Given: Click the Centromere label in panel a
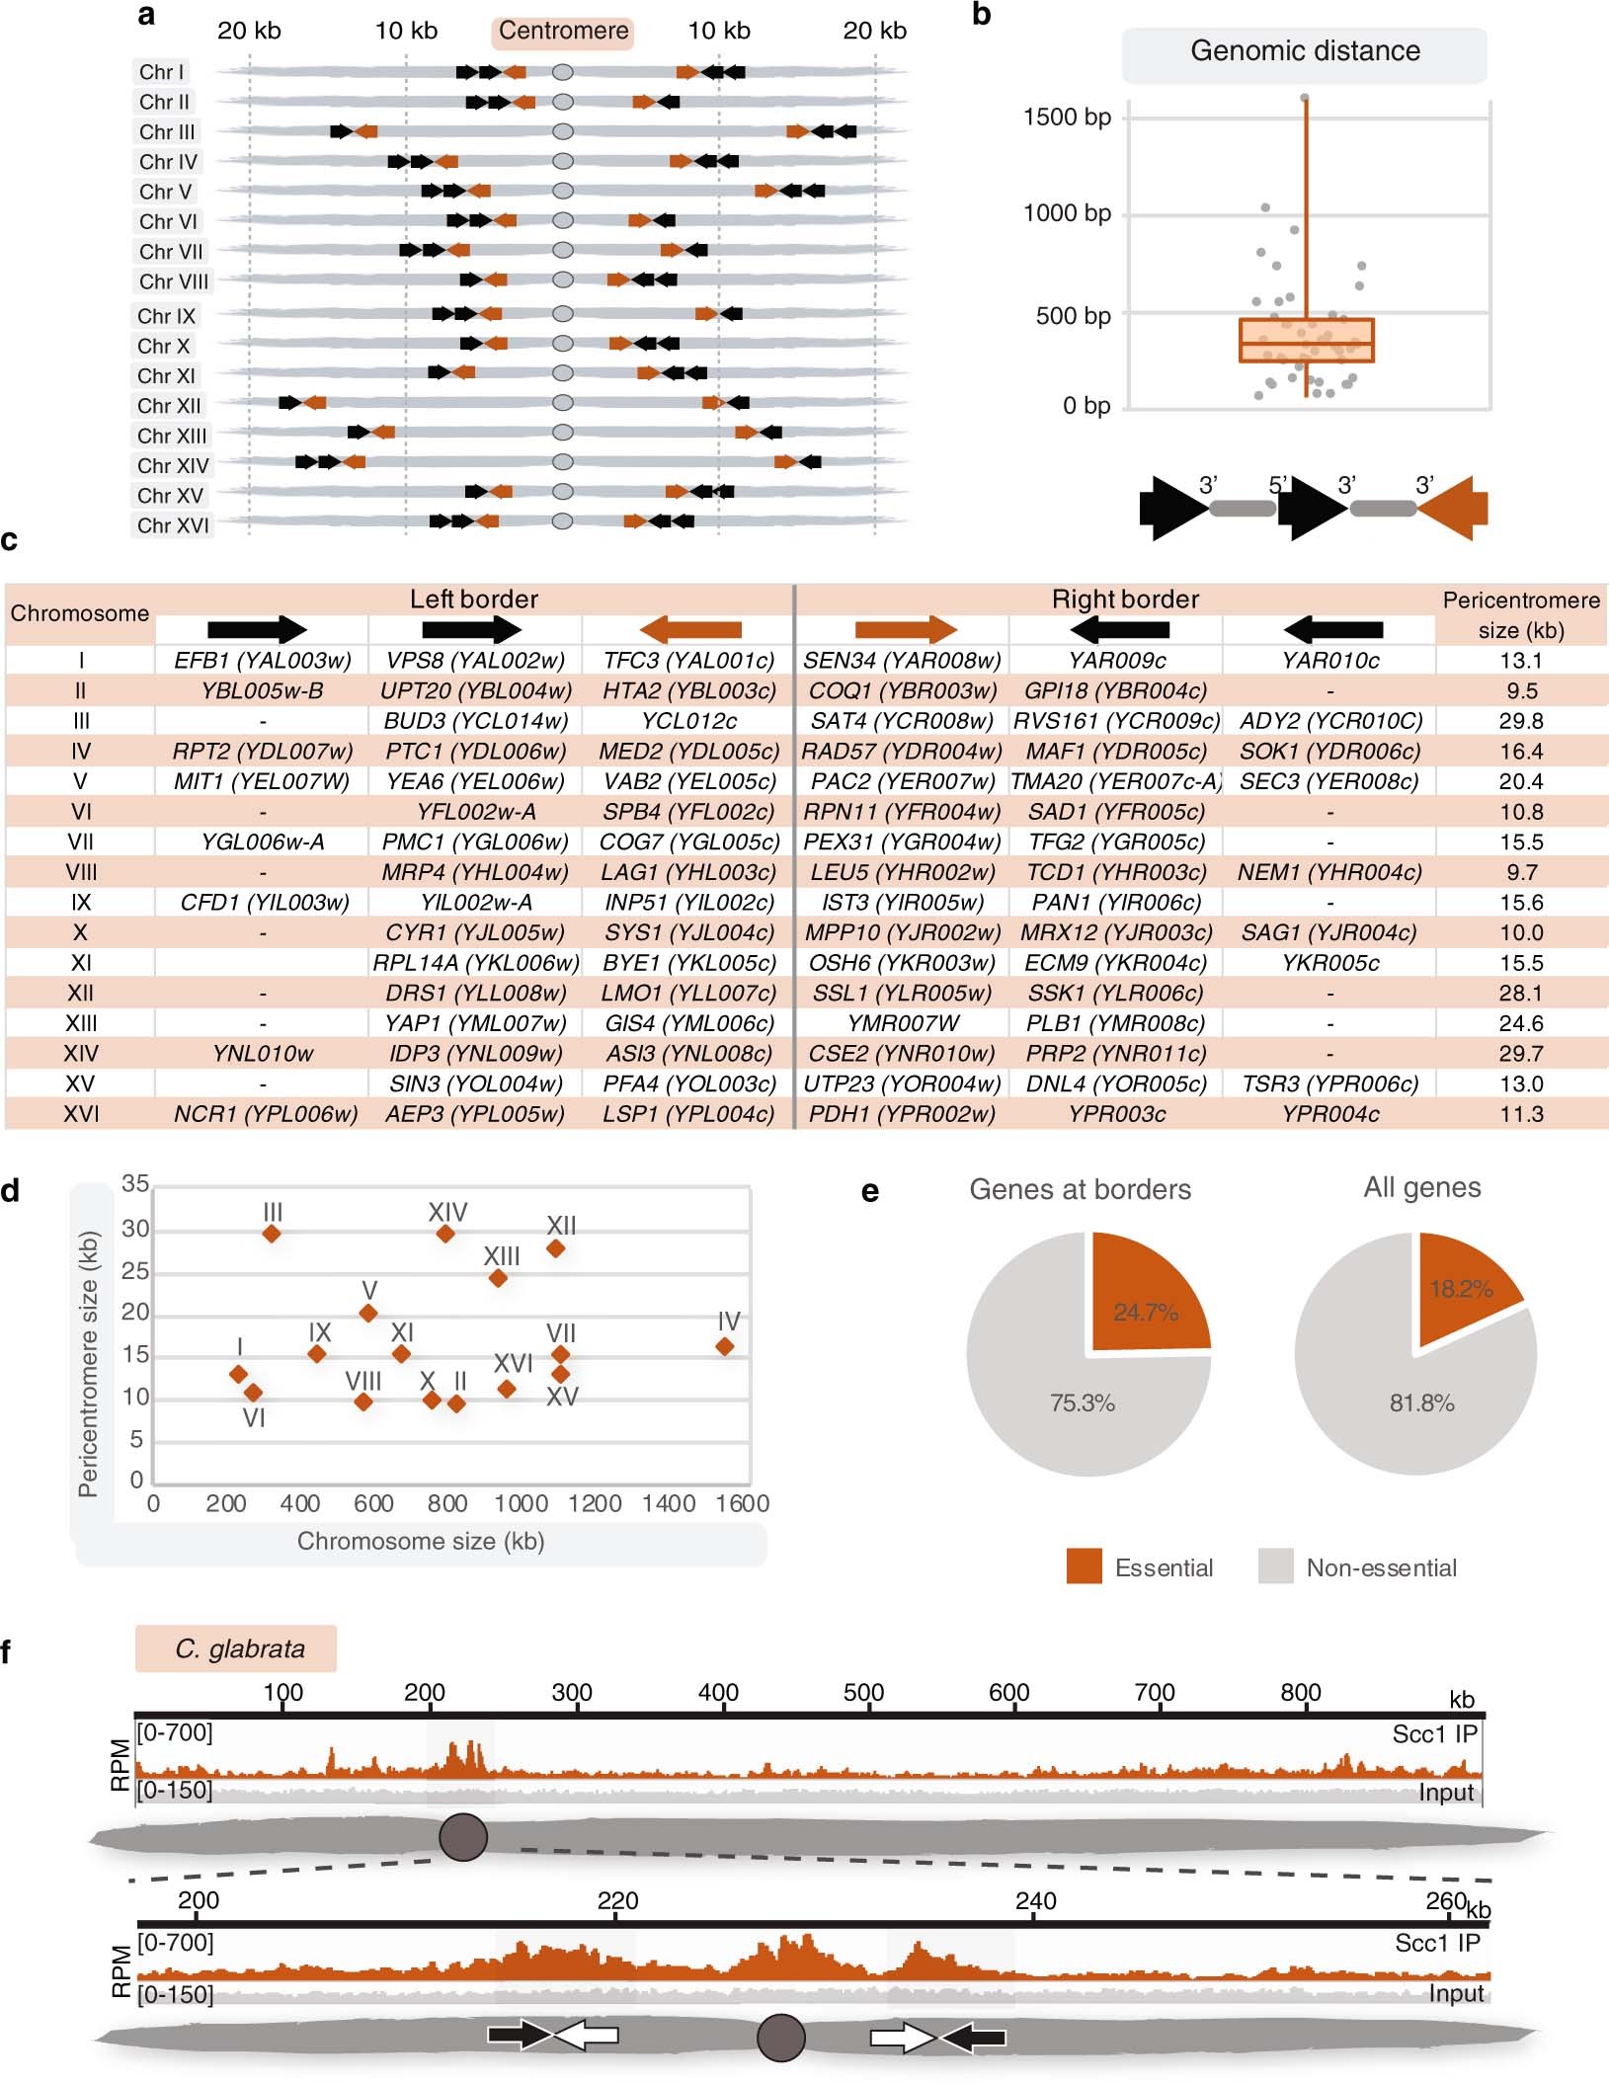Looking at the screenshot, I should [563, 32].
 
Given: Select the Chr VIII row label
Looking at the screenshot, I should [174, 281].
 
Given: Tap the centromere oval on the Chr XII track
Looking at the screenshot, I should [562, 403].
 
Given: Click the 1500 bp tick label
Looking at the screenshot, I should [1067, 118].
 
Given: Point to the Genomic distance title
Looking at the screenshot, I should [1304, 51].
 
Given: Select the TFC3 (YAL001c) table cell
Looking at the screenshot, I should [688, 661].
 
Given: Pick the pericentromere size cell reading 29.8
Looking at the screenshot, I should [1520, 721].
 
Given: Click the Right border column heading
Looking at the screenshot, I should [1124, 600].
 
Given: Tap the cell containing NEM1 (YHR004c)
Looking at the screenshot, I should [1329, 872].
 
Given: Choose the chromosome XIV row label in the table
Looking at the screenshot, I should [80, 1054].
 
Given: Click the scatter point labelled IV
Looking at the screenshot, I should [725, 1347].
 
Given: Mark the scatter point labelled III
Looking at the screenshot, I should [272, 1234].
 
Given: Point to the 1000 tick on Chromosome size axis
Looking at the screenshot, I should [521, 1504].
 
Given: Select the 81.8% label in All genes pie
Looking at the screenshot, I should [1421, 1403].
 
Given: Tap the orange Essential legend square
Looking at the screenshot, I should [1084, 1566].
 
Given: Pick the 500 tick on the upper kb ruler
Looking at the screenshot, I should [863, 1693].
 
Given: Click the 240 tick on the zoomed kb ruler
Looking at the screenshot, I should [1035, 1901].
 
